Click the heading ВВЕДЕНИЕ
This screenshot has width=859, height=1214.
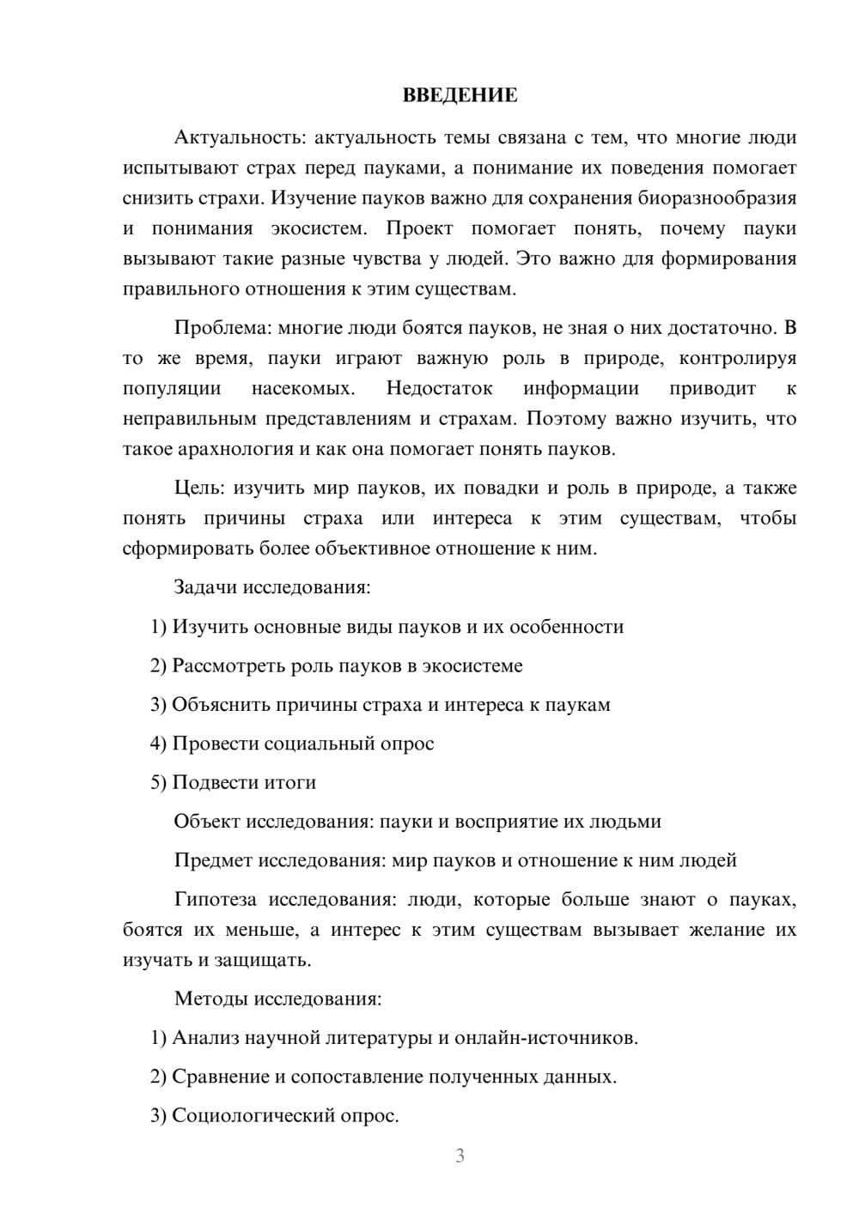pyautogui.click(x=460, y=95)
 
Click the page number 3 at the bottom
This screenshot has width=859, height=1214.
pyautogui.click(x=460, y=1156)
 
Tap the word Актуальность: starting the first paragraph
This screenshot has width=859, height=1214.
pyautogui.click(x=240, y=137)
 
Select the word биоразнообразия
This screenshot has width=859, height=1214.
pyautogui.click(x=716, y=198)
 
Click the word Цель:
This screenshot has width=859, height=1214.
pyautogui.click(x=199, y=489)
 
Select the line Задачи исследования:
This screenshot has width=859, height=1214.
pyautogui.click(x=272, y=588)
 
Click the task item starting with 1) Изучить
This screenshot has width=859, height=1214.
pyautogui.click(x=387, y=627)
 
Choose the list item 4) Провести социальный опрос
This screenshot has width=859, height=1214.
pyautogui.click(x=292, y=744)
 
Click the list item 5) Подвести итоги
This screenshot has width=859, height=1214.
pyautogui.click(x=233, y=783)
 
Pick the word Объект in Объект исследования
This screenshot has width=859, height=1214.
pyautogui.click(x=207, y=822)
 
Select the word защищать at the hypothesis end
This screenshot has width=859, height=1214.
pyautogui.click(x=267, y=960)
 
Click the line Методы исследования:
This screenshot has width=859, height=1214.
pyautogui.click(x=277, y=999)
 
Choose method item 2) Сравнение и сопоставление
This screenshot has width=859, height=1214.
pyautogui.click(x=383, y=1077)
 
